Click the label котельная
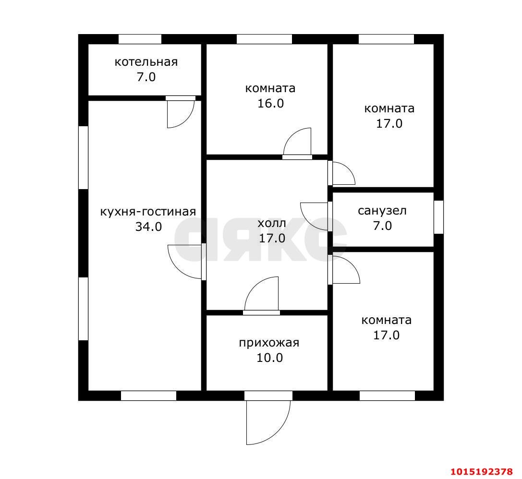pos(146,62)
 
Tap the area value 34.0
pos(148,227)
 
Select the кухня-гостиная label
pos(148,212)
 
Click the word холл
pos(272,223)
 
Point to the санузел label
pos(382,211)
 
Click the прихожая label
pos(269,343)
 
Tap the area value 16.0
pos(271,104)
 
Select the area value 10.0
pos(270,358)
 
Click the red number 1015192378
pos(482,472)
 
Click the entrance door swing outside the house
pos(268,422)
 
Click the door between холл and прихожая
pos(261,295)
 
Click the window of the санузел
pos(439,217)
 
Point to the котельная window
pos(140,39)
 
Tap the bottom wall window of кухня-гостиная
pos(148,396)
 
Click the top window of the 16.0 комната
pos(264,39)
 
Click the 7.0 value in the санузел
pos(382,226)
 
